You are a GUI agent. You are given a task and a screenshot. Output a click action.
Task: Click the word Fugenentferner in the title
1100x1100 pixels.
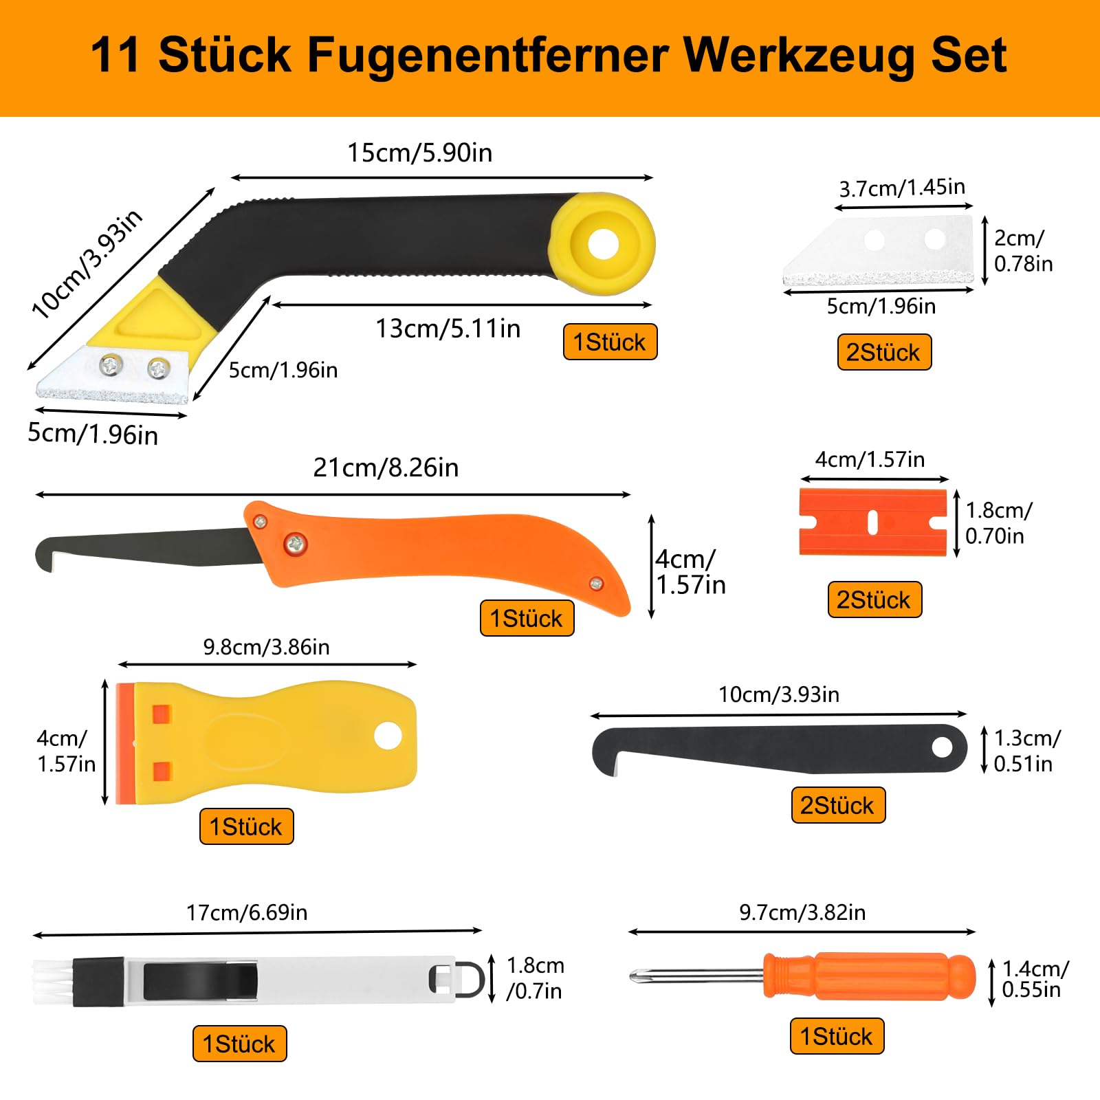point(487,56)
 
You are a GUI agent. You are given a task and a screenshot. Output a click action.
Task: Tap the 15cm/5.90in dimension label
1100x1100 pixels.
point(419,153)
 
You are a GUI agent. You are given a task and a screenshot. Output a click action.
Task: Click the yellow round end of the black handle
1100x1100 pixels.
point(603,243)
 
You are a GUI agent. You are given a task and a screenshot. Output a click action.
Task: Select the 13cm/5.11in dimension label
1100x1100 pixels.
point(448,329)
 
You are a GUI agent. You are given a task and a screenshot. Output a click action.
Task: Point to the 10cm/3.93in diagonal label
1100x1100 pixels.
point(87,264)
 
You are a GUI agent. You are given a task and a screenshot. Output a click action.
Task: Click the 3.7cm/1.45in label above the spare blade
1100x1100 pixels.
point(902,188)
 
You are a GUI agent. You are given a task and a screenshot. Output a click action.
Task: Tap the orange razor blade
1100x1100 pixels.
point(873,522)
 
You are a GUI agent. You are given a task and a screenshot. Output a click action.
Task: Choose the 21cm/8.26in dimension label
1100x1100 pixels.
point(386,467)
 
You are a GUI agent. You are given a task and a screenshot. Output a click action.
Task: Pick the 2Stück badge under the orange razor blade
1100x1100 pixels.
point(874,599)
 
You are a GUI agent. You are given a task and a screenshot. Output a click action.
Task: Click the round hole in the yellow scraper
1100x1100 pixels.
point(388,736)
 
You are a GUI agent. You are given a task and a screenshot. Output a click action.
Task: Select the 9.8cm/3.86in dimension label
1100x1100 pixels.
point(266,647)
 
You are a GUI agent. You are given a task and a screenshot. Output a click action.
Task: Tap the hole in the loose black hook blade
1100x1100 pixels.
point(942,747)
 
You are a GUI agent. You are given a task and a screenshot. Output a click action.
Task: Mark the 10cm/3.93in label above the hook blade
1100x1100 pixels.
point(779,694)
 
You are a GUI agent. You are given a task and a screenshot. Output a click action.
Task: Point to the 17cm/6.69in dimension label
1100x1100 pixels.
point(247,912)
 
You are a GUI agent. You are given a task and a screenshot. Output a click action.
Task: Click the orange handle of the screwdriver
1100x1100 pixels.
point(869,976)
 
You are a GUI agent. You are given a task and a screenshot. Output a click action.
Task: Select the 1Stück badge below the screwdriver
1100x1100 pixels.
point(837,1036)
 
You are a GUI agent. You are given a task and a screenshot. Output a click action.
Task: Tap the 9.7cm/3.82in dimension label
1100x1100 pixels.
point(802,912)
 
